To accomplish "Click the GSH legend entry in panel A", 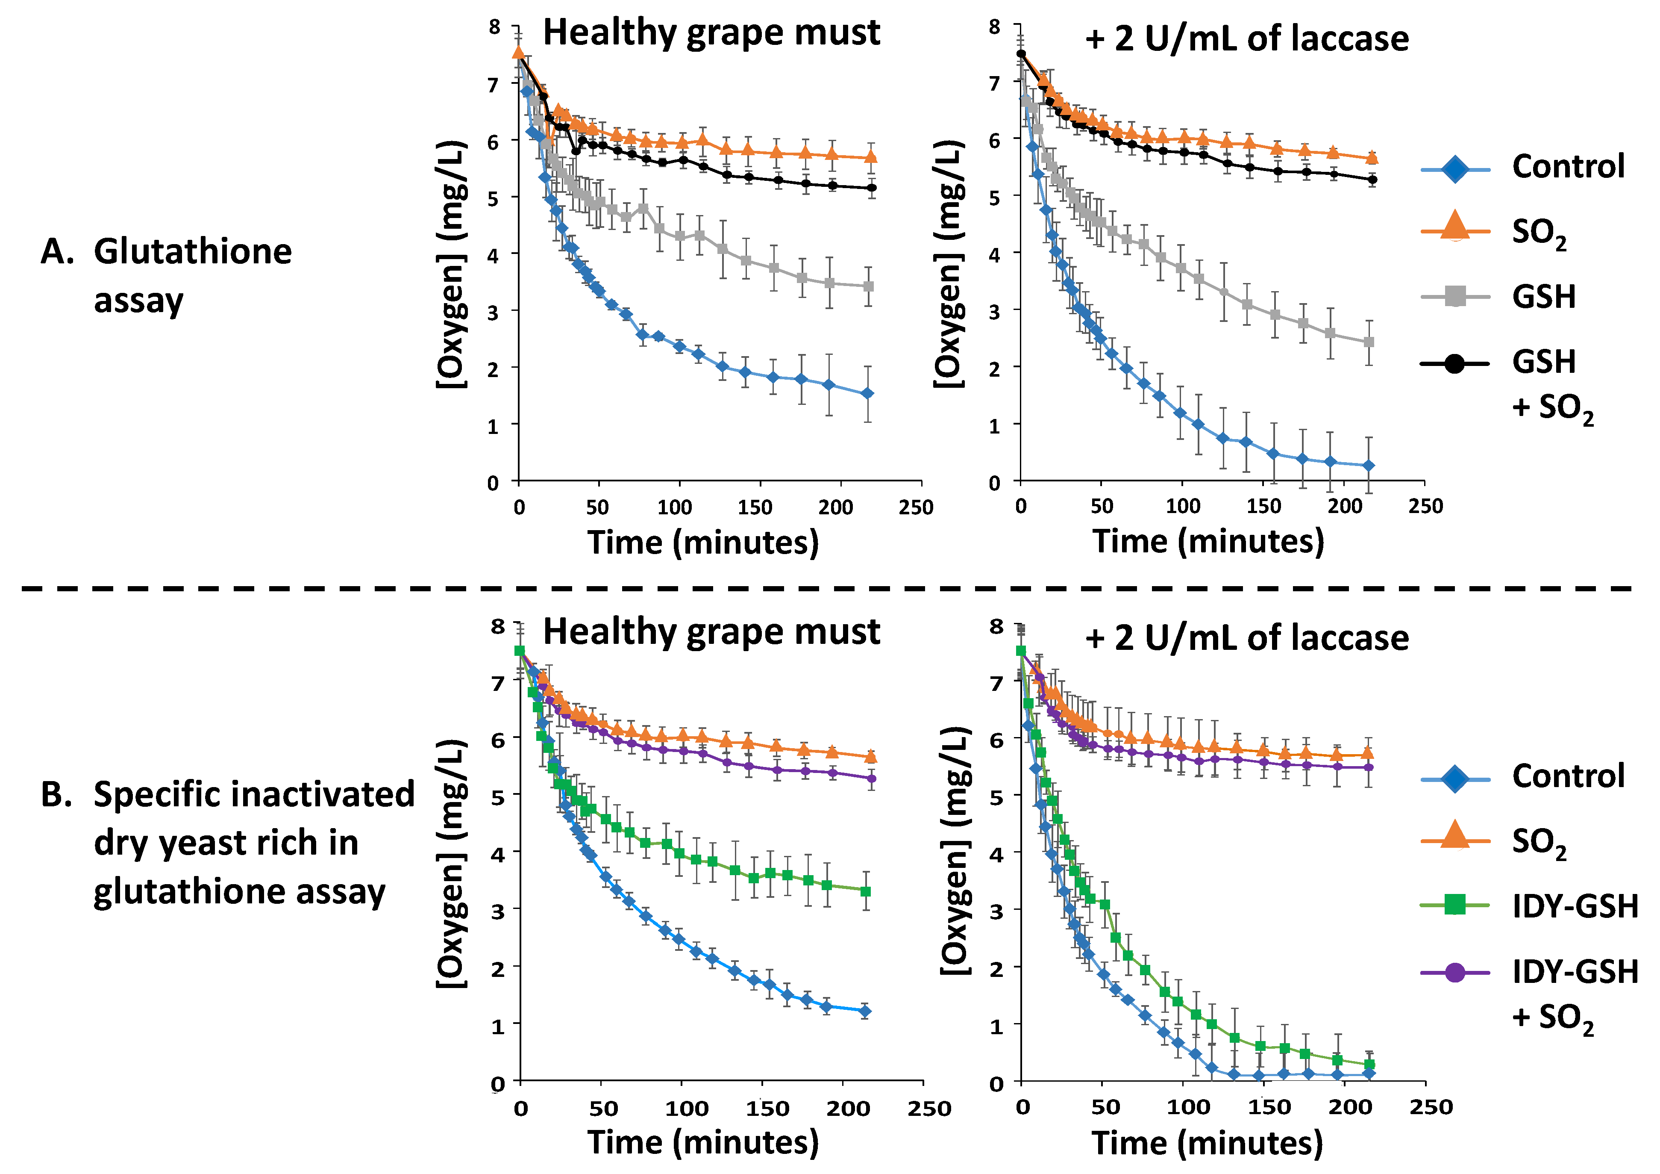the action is tap(1544, 297).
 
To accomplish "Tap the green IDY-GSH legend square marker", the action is tap(1454, 905).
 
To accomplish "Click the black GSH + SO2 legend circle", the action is tap(1454, 363).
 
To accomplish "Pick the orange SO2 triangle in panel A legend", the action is tap(1454, 226).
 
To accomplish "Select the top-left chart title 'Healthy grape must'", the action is tap(711, 33).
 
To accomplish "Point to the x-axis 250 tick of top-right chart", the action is tap(1425, 506).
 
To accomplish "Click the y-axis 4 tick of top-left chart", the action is tap(494, 255).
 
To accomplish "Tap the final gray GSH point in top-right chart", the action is tap(1369, 342).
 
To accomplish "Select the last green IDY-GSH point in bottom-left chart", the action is tap(865, 891).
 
